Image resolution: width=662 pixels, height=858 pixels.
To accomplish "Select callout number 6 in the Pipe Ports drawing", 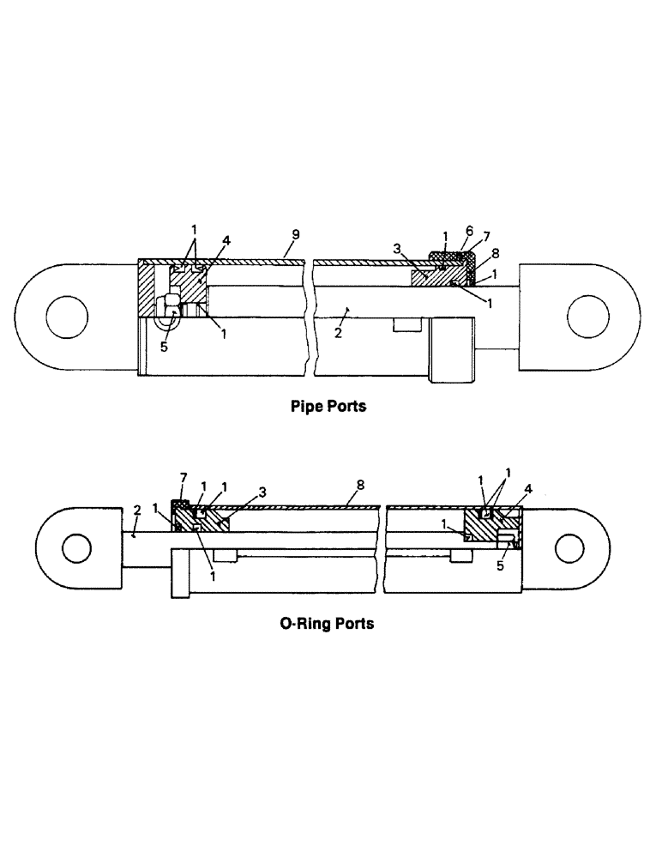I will [468, 231].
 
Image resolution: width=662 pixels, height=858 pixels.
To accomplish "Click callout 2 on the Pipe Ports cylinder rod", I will [340, 333].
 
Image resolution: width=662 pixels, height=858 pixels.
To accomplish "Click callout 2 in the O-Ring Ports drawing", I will [136, 510].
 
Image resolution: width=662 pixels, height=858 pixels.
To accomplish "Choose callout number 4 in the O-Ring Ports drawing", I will [529, 489].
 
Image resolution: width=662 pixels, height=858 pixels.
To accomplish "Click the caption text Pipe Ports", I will [329, 407].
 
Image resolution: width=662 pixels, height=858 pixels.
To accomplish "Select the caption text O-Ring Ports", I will [327, 624].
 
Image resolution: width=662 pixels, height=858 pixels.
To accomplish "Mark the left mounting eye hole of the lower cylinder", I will [75, 547].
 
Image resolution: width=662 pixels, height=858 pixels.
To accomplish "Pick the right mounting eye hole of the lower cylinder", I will [569, 547].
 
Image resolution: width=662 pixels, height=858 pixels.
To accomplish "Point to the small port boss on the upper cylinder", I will [405, 324].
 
